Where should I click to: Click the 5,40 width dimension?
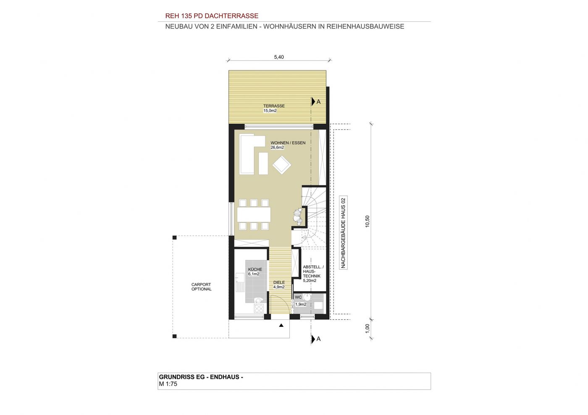[279, 57]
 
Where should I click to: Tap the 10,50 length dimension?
[367, 222]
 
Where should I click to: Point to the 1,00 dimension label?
[367, 329]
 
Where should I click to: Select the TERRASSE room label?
[274, 106]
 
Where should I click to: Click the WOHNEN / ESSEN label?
[288, 143]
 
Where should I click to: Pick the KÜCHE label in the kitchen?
[255, 269]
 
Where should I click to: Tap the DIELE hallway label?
[279, 282]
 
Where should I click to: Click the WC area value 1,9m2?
[301, 305]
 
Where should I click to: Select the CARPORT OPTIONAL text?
[201, 287]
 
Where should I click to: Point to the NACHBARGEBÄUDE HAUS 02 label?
[343, 233]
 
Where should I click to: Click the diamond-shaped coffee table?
[282, 165]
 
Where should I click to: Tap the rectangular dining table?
[254, 214]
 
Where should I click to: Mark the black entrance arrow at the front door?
[281, 326]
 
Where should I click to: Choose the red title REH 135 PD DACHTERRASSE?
[212, 16]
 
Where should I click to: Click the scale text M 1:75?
[168, 384]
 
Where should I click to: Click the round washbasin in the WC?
[307, 297]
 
